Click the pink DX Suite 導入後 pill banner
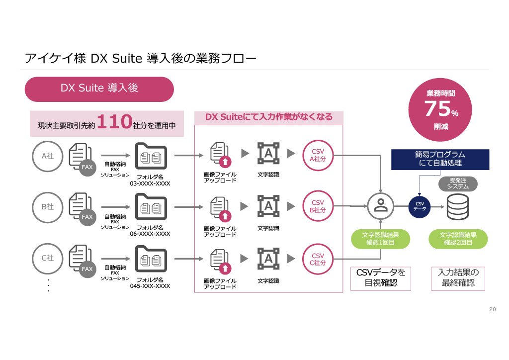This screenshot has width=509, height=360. tap(99, 89)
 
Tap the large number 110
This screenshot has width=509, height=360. tap(114, 121)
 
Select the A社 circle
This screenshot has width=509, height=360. tap(47, 156)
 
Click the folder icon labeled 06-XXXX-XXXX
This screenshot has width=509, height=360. tap(151, 208)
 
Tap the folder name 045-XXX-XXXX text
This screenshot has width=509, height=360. tap(150, 286)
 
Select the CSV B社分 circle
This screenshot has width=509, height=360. tap(318, 206)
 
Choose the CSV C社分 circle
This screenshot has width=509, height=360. tap(318, 259)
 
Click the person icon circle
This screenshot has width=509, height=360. tap(381, 206)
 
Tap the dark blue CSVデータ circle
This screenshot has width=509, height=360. tap(419, 206)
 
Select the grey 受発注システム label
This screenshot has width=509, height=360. tap(458, 183)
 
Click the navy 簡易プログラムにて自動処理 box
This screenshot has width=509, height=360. tap(440, 159)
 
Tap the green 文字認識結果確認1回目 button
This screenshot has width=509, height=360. tap(381, 238)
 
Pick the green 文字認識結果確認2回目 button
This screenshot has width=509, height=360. tap(458, 238)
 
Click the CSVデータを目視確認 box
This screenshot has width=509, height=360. tap(381, 278)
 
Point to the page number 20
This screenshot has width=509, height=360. tap(493, 309)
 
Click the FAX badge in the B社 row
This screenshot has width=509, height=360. tap(87, 217)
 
